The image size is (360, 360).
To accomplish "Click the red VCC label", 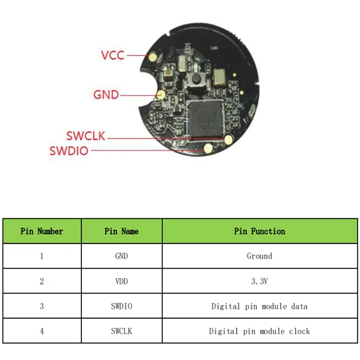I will (x=112, y=55).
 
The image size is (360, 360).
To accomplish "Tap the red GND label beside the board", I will (x=106, y=95).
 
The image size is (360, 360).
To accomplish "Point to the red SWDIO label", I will (x=69, y=151).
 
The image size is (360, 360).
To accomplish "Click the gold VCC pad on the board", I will (x=154, y=57).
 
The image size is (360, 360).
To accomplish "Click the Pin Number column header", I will (x=42, y=231).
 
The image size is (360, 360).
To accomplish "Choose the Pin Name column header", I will (x=121, y=231).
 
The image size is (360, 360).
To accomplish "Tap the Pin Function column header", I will (x=260, y=231).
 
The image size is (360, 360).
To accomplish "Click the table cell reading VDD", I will (x=121, y=281).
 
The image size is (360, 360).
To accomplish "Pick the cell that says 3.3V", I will (x=260, y=281).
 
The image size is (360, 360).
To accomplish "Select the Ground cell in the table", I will (x=260, y=256).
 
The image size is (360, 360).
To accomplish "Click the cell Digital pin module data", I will (x=260, y=306).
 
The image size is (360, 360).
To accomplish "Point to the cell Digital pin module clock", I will (x=260, y=331).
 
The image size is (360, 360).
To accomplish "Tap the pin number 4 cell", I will (x=42, y=331).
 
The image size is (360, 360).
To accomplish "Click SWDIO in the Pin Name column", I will (x=121, y=306).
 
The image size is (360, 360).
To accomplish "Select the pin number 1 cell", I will (x=42, y=256).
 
